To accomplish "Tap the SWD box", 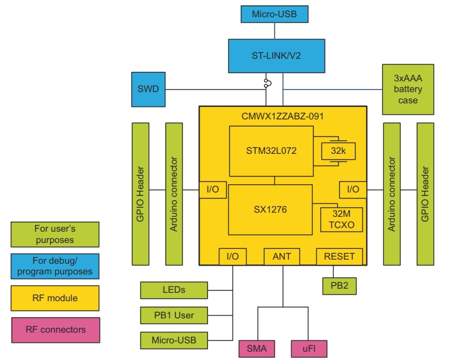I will coord(149,90).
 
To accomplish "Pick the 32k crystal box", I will coord(338,151).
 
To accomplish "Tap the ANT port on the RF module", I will coord(282,257).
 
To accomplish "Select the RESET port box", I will coord(339,257).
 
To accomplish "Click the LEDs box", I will coord(174,290).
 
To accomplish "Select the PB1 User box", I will coord(174,314).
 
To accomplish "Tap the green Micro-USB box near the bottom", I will coord(174,340).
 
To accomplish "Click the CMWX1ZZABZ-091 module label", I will coord(282,115).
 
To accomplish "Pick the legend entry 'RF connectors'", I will coord(55,330).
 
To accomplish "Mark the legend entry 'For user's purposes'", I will coord(55,234).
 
